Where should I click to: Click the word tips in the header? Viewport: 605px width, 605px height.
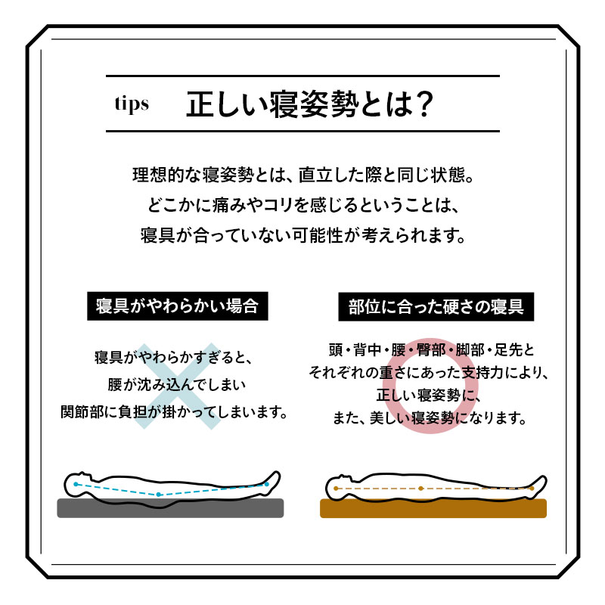(132, 104)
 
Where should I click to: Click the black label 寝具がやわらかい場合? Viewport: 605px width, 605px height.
(178, 306)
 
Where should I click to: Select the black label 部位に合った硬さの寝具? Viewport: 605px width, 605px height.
(436, 307)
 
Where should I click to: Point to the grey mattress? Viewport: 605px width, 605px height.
(170, 508)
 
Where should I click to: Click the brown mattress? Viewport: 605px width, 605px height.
(433, 508)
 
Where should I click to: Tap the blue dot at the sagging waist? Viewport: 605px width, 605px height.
(158, 495)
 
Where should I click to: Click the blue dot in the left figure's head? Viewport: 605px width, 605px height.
(76, 484)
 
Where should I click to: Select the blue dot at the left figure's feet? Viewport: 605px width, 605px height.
(266, 484)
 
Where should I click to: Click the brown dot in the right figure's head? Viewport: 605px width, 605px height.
(336, 489)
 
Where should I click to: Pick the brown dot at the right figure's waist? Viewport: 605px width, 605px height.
(420, 489)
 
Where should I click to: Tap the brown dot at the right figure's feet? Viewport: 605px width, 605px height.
(532, 489)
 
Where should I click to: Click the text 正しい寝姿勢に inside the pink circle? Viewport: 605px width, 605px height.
(427, 395)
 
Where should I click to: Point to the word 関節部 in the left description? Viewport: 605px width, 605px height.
(82, 412)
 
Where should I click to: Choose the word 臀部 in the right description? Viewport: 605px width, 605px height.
(431, 350)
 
